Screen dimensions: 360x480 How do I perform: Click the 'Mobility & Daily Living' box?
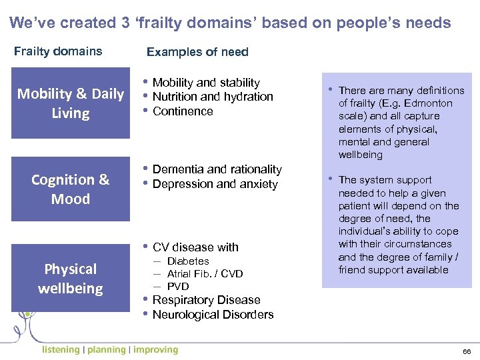71,103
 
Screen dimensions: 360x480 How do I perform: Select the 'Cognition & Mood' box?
71,189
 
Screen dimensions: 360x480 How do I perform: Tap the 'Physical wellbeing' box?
71,279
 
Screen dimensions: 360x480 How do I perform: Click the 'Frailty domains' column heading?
59,51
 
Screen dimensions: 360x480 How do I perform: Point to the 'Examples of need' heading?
197,52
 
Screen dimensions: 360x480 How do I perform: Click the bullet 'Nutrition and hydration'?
213,97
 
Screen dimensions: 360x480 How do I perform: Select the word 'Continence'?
183,111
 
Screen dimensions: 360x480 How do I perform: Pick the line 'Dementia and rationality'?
217,169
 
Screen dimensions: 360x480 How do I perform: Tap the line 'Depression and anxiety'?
215,184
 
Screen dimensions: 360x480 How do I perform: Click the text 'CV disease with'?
195,247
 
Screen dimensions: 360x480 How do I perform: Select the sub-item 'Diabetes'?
188,261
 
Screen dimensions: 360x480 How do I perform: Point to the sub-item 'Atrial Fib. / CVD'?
205,274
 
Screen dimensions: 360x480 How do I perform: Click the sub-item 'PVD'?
178,287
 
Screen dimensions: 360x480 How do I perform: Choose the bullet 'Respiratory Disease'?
206,300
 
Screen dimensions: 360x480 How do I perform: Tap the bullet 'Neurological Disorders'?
213,315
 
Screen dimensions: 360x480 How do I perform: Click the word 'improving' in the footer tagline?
156,349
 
